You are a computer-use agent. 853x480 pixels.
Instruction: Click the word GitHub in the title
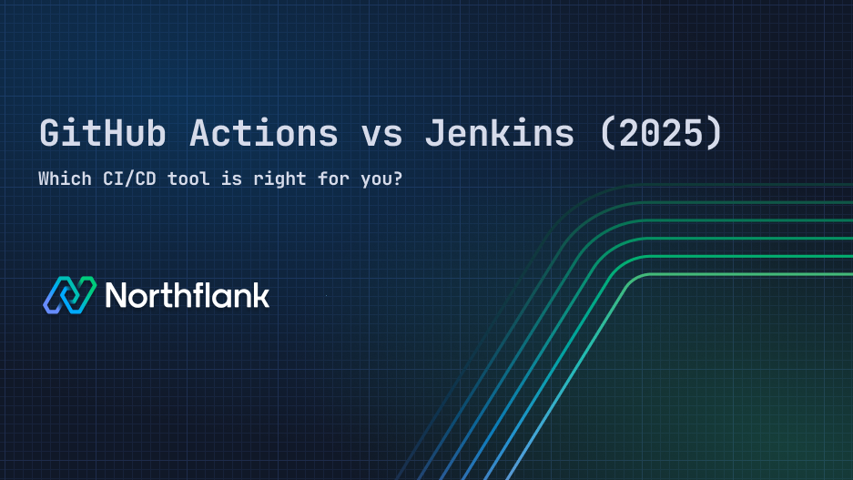(103, 134)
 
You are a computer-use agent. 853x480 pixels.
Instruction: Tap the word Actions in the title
(264, 134)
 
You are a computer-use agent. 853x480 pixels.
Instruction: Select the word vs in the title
(382, 134)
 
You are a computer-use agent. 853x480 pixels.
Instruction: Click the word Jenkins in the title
(500, 134)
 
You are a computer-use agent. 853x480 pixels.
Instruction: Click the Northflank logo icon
(69, 294)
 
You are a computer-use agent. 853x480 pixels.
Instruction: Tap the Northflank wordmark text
(187, 294)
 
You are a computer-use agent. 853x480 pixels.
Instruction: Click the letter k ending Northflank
(260, 294)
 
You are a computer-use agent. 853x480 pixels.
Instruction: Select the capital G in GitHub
(51, 134)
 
